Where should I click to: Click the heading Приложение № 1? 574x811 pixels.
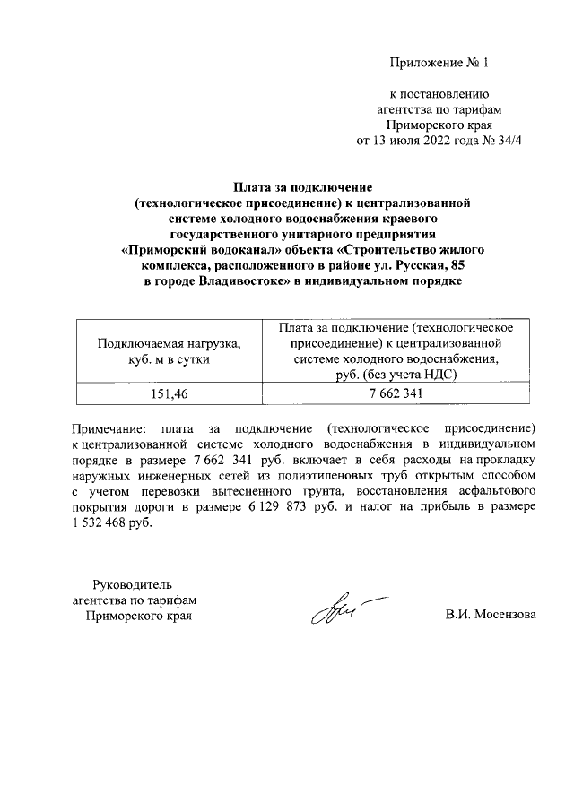point(440,63)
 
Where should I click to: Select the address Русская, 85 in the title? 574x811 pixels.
point(431,266)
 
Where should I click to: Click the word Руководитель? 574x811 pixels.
point(139,583)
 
